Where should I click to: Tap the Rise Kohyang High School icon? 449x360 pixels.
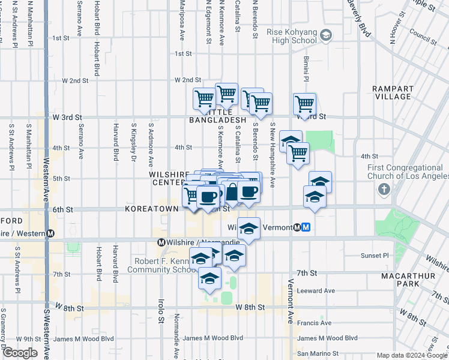click(326, 35)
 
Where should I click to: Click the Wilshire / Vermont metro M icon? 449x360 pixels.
click(306, 227)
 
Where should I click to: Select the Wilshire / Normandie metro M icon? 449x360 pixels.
click(161, 242)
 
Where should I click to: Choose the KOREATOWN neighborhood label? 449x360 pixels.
click(151, 209)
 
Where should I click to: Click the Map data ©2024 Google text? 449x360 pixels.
click(411, 355)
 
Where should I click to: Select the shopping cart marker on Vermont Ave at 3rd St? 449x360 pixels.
click(305, 105)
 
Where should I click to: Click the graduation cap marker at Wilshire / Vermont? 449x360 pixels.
click(249, 229)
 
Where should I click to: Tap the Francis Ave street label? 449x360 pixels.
click(315, 323)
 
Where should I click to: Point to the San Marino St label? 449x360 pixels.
click(318, 354)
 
